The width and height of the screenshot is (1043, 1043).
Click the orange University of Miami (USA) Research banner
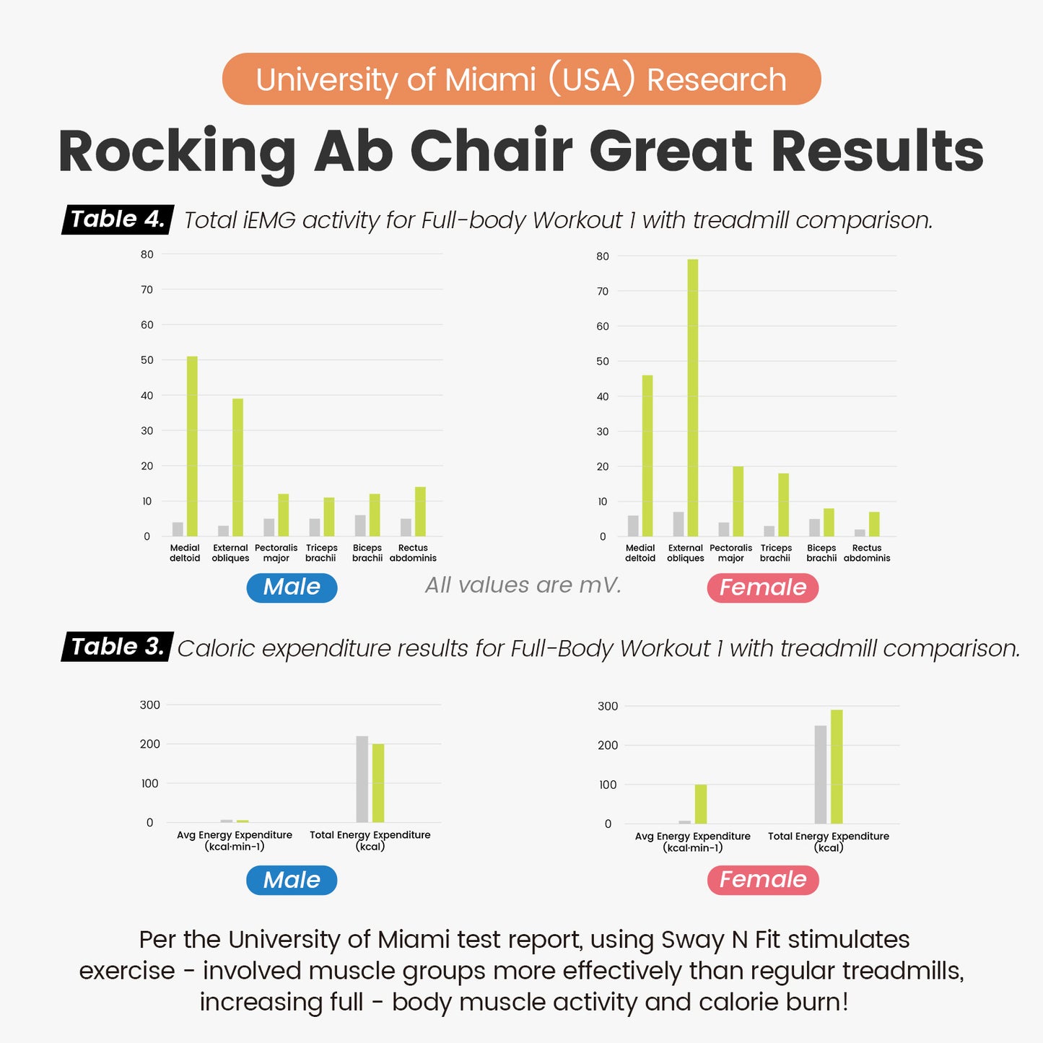[521, 79]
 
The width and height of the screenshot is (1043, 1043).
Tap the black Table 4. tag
[118, 219]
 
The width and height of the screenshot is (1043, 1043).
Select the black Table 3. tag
[118, 647]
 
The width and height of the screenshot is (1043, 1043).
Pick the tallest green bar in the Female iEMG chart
[693, 398]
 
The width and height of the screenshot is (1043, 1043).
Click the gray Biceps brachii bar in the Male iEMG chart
[360, 525]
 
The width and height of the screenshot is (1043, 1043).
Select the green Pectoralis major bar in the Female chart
[738, 501]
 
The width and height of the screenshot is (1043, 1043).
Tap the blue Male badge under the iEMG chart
[292, 588]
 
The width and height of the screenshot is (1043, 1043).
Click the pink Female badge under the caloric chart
[763, 880]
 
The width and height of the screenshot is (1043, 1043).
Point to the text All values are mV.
[523, 585]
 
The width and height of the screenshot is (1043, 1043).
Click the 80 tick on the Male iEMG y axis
[147, 254]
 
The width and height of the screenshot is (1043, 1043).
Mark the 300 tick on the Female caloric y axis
[608, 706]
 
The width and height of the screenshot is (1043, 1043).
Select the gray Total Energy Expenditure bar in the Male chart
[362, 779]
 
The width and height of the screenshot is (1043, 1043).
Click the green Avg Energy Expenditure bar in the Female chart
[701, 803]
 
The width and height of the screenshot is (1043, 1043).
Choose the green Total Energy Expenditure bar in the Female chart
[837, 767]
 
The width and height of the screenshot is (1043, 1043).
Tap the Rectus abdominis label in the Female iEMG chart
[867, 553]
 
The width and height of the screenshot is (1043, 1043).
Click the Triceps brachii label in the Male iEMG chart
[321, 553]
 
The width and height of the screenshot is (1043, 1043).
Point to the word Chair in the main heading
[492, 151]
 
